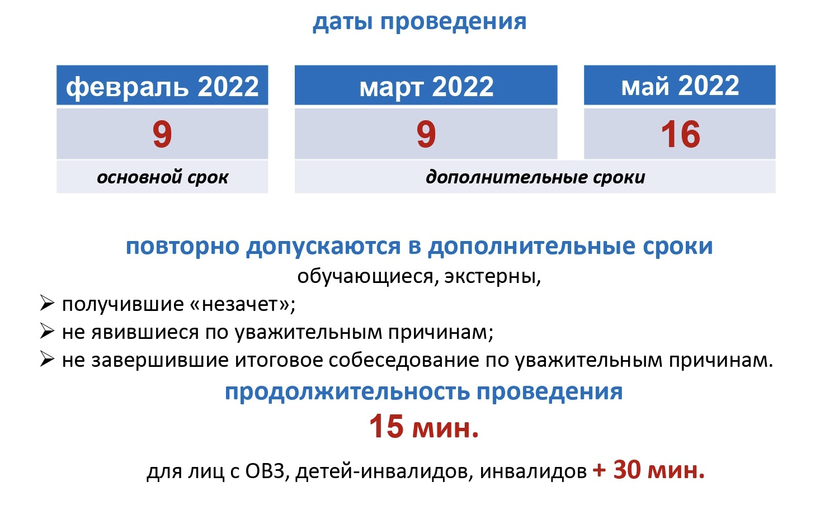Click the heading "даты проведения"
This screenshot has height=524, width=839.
(x=419, y=22)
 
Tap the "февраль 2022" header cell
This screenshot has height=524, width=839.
(x=162, y=85)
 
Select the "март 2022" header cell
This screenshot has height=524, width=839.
(x=426, y=85)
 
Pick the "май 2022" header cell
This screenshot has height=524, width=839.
(x=680, y=85)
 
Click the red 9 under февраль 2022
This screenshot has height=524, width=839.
(x=162, y=134)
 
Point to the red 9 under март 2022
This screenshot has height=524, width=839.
(x=426, y=134)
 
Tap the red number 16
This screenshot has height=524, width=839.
(x=680, y=134)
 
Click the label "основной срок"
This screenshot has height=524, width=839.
(x=163, y=177)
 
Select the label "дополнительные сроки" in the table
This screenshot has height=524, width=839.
(x=535, y=177)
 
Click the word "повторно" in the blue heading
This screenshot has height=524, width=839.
(x=182, y=247)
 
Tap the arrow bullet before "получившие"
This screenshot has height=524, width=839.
(x=47, y=304)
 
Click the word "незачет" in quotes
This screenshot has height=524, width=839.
(x=246, y=304)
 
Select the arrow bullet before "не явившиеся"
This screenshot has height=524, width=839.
(x=47, y=332)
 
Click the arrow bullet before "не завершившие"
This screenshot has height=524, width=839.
(x=47, y=360)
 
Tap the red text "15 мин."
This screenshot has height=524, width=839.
(x=424, y=427)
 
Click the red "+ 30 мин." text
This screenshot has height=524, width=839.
(x=649, y=470)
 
